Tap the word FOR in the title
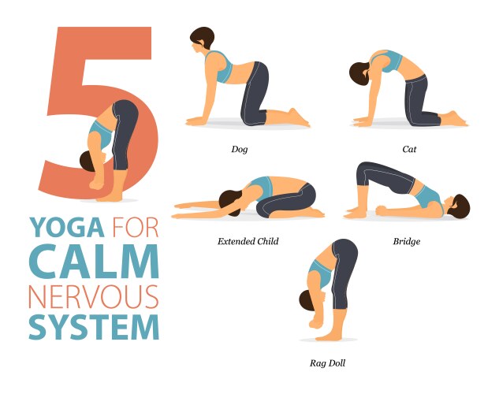(136, 228)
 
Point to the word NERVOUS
(94, 297)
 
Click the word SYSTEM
(94, 327)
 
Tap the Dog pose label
(240, 149)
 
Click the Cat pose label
(409, 149)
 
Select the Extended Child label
(248, 241)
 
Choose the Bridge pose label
(407, 242)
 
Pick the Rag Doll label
(327, 363)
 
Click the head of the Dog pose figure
(202, 39)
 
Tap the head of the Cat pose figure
(360, 74)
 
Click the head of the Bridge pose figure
(458, 206)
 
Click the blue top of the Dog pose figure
(220, 67)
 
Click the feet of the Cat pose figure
(454, 119)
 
